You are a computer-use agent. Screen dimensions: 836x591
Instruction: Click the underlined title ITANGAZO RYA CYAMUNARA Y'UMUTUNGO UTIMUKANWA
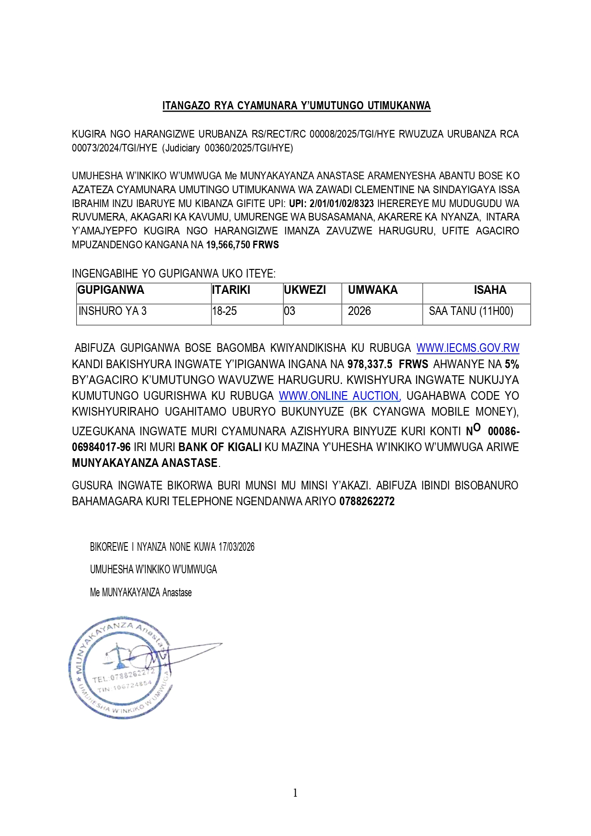coord(296,106)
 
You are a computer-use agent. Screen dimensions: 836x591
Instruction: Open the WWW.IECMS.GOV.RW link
coord(467,348)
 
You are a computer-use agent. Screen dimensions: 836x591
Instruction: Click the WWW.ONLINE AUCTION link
coord(339,396)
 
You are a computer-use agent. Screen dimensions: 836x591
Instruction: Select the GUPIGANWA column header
coord(111,290)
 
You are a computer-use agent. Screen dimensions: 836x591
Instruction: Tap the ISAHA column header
coord(490,290)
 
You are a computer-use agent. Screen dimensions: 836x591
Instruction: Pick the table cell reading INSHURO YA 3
coord(113,311)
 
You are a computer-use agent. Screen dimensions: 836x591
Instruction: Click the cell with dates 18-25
coord(224,311)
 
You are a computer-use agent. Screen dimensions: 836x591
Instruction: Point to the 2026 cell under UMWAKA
coord(359,311)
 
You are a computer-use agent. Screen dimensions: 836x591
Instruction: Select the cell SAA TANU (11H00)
coord(471,311)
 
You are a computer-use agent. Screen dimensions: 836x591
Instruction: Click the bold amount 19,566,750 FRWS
coord(243,245)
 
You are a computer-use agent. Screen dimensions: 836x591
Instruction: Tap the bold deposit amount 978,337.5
coord(370,364)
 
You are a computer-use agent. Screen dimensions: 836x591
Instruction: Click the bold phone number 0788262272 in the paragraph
coord(367,501)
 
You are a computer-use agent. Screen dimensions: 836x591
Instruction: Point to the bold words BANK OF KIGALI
coord(220,447)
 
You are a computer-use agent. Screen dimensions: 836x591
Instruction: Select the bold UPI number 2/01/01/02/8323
coord(341,203)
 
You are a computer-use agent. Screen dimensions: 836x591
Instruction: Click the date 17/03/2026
coord(236,547)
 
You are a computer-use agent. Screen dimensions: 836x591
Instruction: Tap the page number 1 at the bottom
coord(295,793)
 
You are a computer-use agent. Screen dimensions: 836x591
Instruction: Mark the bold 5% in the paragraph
coord(511,364)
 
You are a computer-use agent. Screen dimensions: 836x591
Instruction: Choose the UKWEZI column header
coord(305,290)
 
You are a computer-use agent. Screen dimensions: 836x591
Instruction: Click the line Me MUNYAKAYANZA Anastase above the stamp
coord(141,592)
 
